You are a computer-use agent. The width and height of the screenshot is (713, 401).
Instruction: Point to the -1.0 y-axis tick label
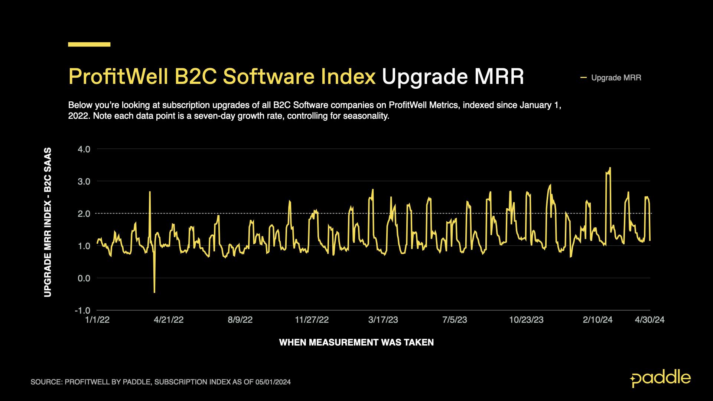[82, 310]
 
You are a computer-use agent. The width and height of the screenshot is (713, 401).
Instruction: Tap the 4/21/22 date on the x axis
[169, 320]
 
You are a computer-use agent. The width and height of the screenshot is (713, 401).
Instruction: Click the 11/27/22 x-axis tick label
[312, 320]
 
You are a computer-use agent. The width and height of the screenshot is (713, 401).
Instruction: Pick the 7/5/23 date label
[455, 320]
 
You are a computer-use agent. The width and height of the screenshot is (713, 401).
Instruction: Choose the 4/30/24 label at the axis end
[649, 320]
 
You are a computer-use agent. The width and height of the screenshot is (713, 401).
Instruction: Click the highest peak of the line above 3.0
[610, 168]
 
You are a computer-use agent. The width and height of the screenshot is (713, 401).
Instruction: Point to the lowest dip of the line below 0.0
[154, 292]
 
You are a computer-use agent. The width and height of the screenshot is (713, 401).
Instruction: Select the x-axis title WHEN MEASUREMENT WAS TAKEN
[356, 342]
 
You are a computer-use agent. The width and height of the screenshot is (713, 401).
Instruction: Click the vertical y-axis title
[48, 222]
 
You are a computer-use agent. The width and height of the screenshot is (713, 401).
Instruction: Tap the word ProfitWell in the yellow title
[118, 77]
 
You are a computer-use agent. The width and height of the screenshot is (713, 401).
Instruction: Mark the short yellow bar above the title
[89, 45]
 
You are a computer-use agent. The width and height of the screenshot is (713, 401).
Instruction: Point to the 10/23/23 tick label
[526, 320]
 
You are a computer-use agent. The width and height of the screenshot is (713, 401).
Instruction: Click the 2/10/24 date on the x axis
[598, 320]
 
